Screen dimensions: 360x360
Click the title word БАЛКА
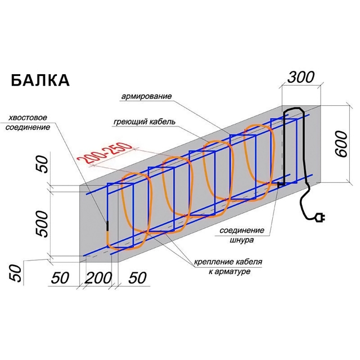point(40,80)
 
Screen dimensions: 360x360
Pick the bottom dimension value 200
point(100,277)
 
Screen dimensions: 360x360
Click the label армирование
point(146,97)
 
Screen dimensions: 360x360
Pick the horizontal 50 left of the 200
point(62,277)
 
